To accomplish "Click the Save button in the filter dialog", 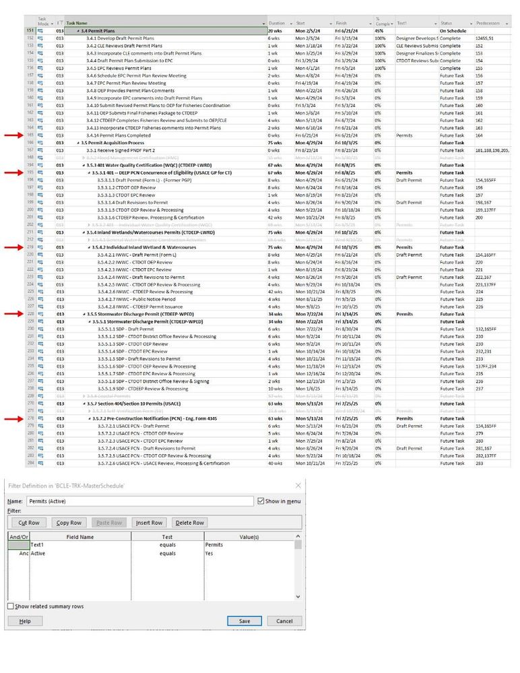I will click(244, 621).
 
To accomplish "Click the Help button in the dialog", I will click(25, 621).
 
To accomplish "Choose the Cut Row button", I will click(28, 523).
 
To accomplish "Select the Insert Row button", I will click(149, 523).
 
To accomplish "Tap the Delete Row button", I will click(189, 523).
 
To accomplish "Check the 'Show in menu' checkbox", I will click(261, 501).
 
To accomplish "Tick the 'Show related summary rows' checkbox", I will click(11, 606).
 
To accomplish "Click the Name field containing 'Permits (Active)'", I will click(139, 501).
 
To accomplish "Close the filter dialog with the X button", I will click(298, 485).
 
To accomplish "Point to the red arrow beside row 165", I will click(13, 135).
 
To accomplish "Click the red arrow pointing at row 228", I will click(13, 314).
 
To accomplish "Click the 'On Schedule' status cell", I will click(453, 31).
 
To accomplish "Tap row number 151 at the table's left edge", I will click(30, 31).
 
